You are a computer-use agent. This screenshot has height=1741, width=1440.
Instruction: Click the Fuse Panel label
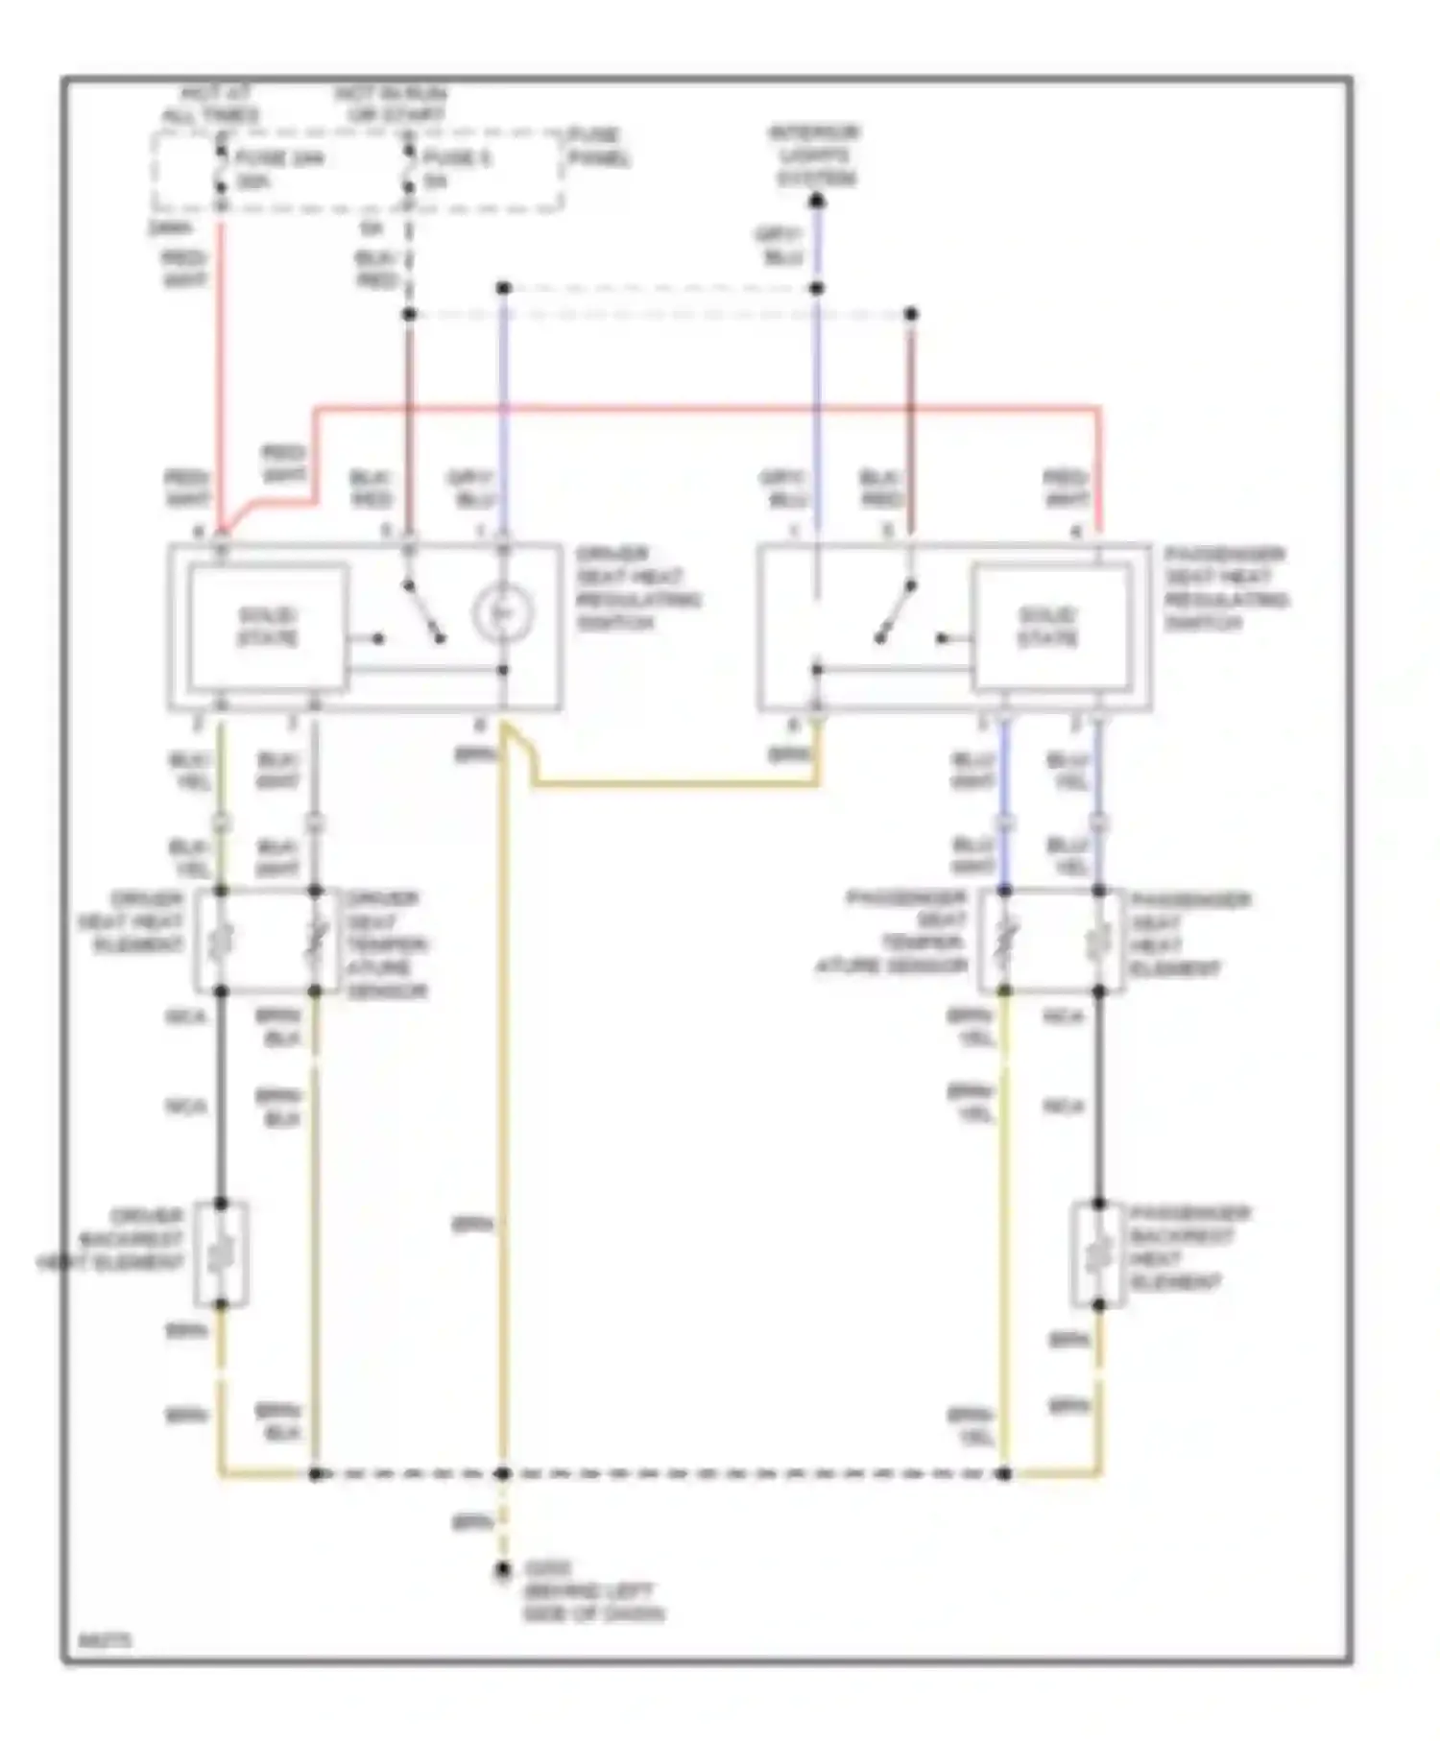tap(598, 147)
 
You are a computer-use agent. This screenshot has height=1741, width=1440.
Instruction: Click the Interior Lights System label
tap(815, 155)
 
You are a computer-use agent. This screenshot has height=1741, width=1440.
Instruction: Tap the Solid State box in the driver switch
tap(268, 626)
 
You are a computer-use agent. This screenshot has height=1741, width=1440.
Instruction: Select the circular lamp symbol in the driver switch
tap(502, 612)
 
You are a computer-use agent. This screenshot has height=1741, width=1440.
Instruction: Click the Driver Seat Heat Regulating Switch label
tap(637, 588)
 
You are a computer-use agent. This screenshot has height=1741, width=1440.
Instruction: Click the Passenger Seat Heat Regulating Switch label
tap(1226, 588)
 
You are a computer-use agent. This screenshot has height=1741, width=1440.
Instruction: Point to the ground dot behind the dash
tap(502, 1570)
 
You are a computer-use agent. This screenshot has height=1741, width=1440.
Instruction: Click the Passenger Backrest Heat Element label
tap(1188, 1248)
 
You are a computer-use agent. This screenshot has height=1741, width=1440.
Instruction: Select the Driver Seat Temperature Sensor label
tap(386, 944)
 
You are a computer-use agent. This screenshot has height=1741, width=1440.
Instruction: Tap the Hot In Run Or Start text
tap(390, 105)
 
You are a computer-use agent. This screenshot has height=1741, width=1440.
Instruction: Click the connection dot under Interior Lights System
tap(816, 202)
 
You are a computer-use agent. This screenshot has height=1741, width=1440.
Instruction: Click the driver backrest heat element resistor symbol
tap(221, 1253)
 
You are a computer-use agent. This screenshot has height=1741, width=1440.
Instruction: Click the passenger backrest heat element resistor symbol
tap(1099, 1253)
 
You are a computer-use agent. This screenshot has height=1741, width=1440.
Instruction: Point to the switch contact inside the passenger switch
tap(895, 611)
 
